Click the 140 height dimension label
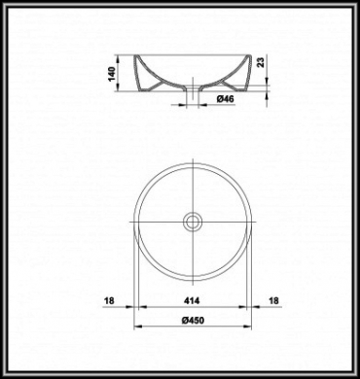click(x=112, y=74)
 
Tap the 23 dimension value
click(x=261, y=61)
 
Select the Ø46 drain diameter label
click(x=226, y=99)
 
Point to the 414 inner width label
click(x=192, y=300)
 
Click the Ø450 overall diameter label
click(x=193, y=321)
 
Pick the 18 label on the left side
click(x=109, y=300)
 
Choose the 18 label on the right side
click(x=274, y=300)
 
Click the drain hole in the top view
click(x=193, y=222)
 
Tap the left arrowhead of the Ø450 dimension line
click(x=138, y=327)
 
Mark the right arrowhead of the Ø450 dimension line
click(x=247, y=327)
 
